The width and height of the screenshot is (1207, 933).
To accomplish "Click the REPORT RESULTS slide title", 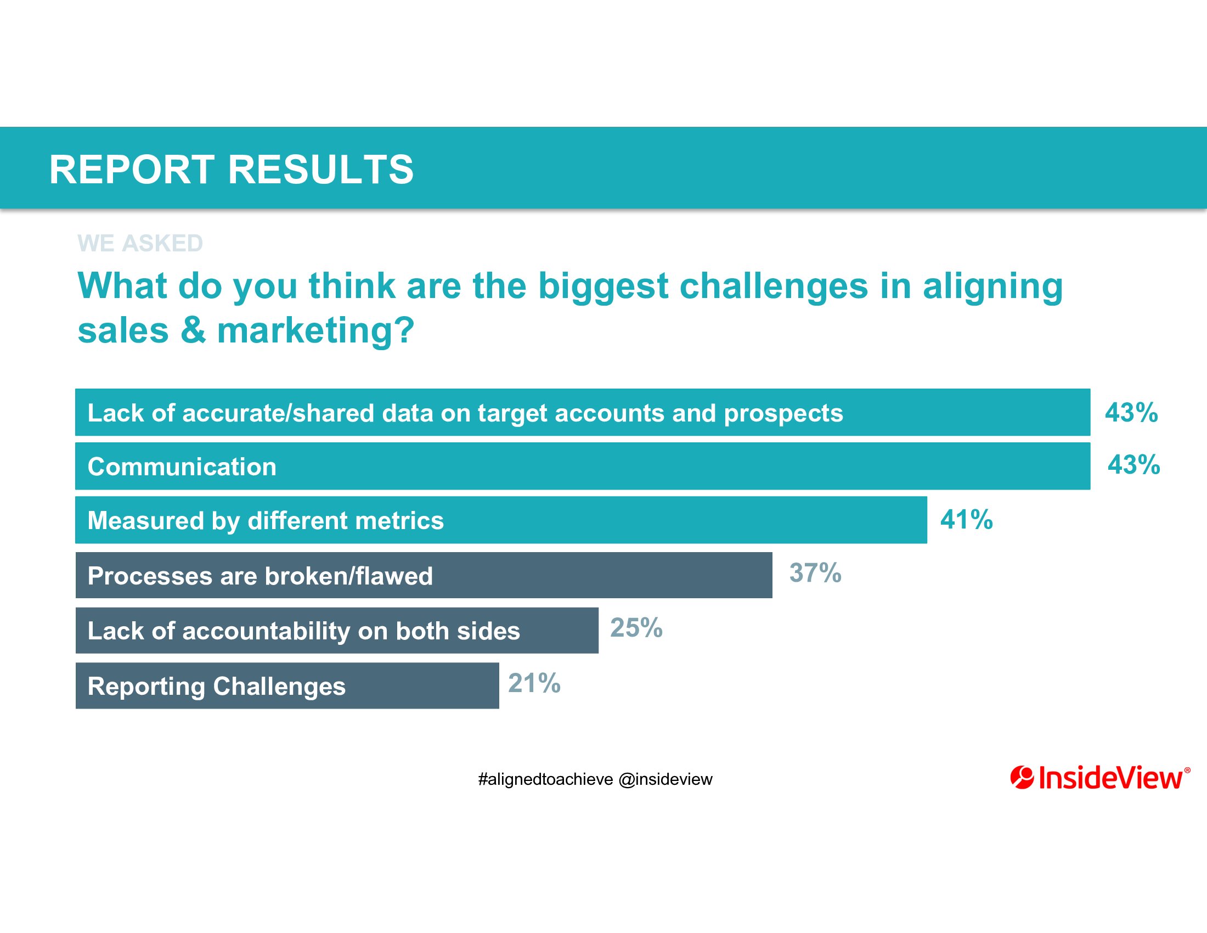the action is coord(231,169).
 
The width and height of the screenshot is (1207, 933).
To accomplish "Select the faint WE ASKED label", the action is coord(140,243).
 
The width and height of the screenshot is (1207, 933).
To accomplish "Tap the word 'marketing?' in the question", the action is coord(315,331).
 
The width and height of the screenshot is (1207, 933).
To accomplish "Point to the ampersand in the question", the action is coord(193,330).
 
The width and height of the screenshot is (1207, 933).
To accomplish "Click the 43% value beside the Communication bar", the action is coord(1133,465).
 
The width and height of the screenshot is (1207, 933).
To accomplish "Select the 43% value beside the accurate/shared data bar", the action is coord(1131,412).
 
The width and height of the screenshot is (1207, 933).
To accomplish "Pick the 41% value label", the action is coord(967,520).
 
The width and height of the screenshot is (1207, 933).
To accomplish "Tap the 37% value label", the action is coord(815,572).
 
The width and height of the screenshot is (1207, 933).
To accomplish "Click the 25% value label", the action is coord(636,627).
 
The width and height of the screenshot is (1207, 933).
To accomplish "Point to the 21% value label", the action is coord(534,683).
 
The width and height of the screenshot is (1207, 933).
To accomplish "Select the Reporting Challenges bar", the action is coord(287,685).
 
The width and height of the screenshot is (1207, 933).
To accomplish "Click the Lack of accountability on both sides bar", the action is coord(337,630).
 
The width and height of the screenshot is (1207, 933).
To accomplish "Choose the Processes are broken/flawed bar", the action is coord(424,575).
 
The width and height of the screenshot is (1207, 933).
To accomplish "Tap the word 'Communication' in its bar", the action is coord(182,467).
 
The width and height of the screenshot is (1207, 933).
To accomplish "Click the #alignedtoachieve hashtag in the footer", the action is coord(545,780).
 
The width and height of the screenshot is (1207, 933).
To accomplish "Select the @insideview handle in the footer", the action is coord(665,780).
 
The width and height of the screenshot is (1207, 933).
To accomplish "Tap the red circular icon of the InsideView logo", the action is coord(1022,778).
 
